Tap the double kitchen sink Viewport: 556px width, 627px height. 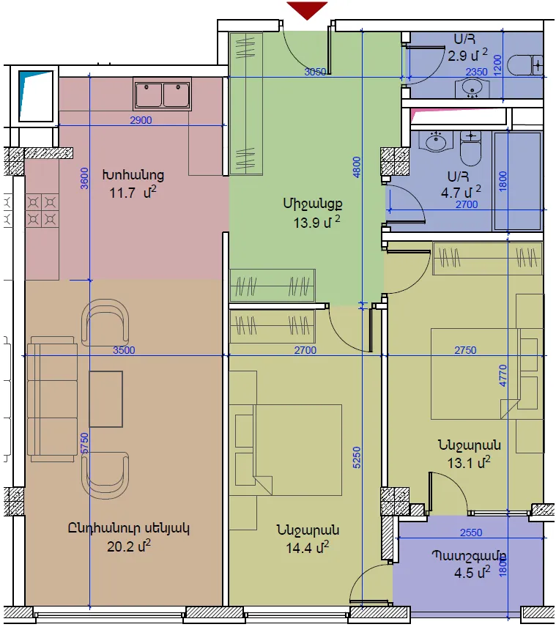162,94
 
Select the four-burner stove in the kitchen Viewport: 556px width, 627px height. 42,211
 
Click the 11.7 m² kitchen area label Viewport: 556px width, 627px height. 133,193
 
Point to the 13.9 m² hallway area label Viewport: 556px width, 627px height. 316,222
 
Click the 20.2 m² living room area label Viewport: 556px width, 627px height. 129,546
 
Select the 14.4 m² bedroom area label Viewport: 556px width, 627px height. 307,547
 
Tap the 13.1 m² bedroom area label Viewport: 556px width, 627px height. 469,463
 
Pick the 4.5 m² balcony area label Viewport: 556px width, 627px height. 472,572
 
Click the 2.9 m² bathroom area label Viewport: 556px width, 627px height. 467,55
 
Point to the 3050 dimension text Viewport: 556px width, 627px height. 315,72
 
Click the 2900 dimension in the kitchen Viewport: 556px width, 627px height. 141,120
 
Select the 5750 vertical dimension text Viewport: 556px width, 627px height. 84,443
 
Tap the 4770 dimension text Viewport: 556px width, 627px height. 503,376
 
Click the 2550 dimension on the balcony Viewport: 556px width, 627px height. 471,533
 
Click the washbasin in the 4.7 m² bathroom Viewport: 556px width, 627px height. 435,141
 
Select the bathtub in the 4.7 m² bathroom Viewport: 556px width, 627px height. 517,181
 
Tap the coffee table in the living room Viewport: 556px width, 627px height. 105,399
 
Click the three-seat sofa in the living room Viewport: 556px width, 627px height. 52,399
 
